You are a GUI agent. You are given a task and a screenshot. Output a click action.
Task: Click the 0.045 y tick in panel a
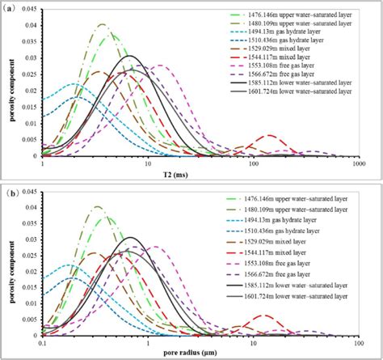[x=29, y=11]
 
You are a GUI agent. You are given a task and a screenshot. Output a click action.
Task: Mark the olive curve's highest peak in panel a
[x=103, y=25]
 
